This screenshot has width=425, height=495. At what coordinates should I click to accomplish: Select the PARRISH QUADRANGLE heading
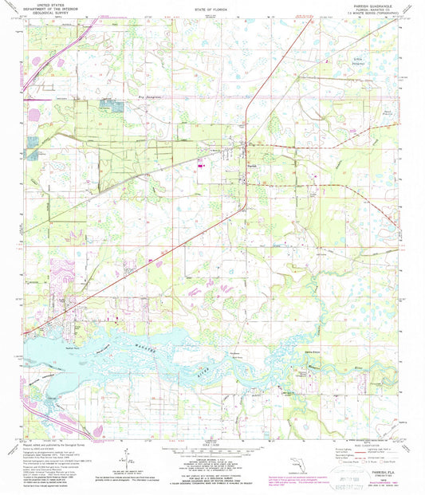tap(376, 5)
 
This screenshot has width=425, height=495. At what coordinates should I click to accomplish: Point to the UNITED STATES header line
tap(45, 5)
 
